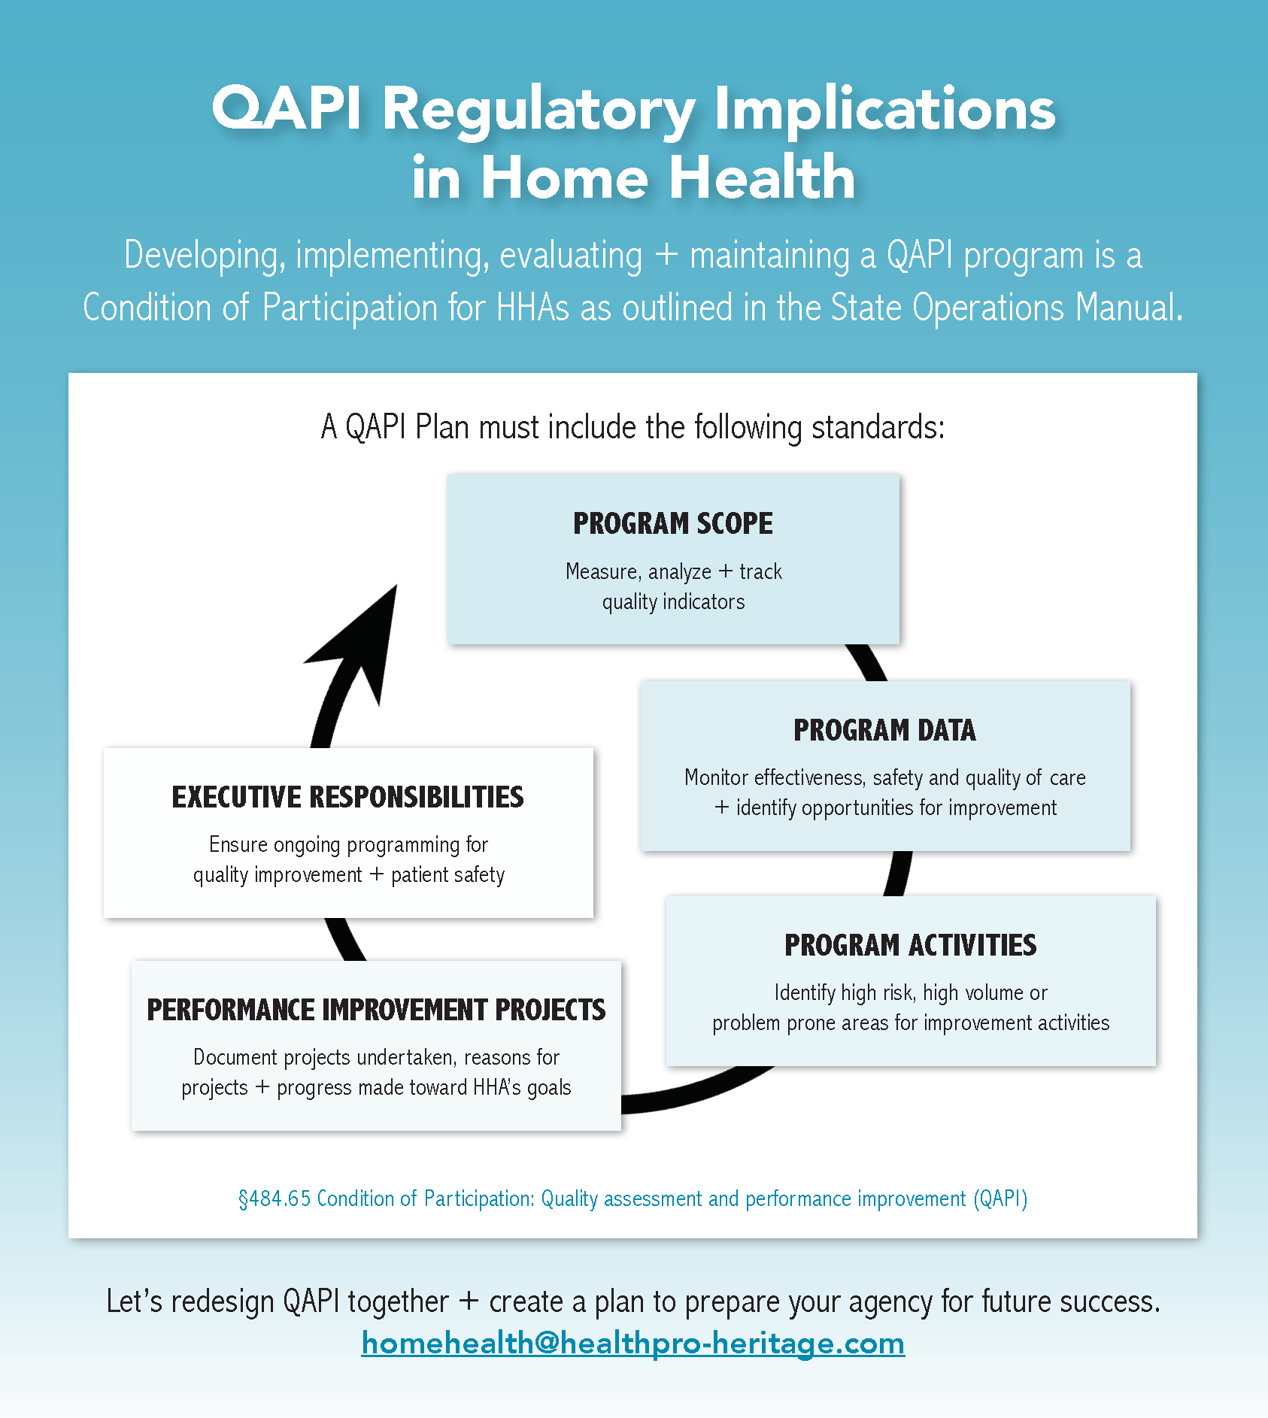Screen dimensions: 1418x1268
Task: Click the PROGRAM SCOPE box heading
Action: tap(672, 523)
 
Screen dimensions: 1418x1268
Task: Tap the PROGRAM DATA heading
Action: tap(884, 730)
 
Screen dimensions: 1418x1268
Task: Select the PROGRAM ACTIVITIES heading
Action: tap(910, 945)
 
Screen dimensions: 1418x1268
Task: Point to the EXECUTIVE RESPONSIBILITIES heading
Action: tap(347, 797)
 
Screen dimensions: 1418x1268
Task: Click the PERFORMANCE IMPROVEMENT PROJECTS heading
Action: tap(376, 1010)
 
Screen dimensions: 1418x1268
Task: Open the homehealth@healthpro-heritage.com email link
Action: tap(632, 1343)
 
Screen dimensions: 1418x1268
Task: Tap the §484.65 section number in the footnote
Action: tap(275, 1198)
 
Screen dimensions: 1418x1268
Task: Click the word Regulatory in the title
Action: tap(538, 109)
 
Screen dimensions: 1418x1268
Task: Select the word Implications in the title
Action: tap(884, 109)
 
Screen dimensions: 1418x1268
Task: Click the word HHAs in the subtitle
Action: tap(532, 308)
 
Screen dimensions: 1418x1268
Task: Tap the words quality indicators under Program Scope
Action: tap(673, 602)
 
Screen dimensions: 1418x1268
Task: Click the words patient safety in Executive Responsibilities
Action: tap(447, 875)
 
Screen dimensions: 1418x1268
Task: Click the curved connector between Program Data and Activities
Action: tap(898, 873)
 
